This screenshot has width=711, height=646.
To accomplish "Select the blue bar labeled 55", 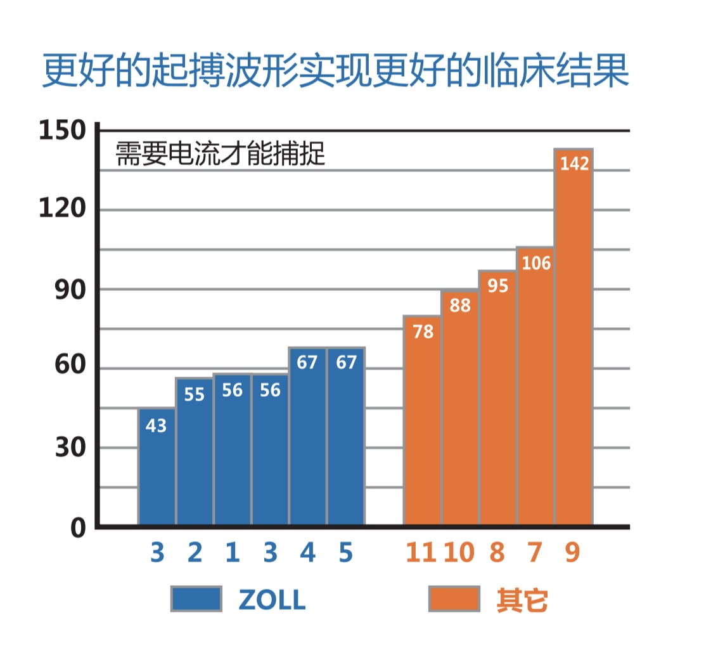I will [195, 451].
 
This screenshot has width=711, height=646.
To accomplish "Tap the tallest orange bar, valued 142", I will [573, 336].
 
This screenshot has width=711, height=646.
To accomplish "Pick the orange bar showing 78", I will [422, 420].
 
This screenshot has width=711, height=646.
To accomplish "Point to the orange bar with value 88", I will [460, 407].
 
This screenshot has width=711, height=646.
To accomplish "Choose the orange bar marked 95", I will [497, 397].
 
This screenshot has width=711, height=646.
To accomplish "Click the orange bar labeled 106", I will [535, 385].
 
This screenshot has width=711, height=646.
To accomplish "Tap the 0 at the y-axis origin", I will [77, 527].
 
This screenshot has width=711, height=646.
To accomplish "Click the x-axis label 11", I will [421, 553].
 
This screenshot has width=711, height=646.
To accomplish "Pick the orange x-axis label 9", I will [572, 553].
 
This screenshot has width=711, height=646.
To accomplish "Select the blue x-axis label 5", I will [345, 553].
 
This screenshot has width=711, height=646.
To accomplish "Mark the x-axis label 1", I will [233, 553].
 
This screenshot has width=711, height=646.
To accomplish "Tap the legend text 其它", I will [522, 600].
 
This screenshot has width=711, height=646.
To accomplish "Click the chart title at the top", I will [336, 72].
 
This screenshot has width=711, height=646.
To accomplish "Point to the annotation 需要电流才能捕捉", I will [221, 154].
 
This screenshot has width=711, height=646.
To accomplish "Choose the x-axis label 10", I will [459, 553].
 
